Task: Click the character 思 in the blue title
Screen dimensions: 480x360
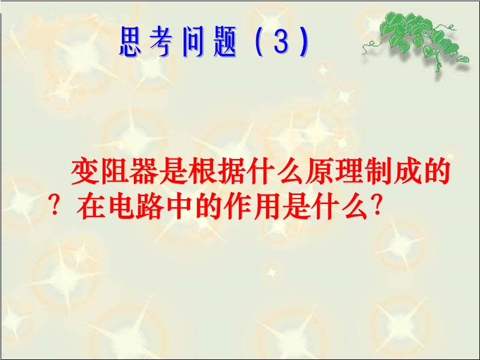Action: pyautogui.click(x=130, y=41)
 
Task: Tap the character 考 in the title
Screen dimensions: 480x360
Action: pyautogui.click(x=161, y=41)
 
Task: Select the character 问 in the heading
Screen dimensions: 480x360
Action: pyautogui.click(x=193, y=41)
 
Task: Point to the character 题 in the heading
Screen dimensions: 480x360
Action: pyautogui.click(x=225, y=41)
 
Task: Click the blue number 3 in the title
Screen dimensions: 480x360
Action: pyautogui.click(x=281, y=41)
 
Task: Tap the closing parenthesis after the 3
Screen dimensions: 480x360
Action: pyautogui.click(x=304, y=41)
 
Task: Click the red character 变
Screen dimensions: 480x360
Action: pyautogui.click(x=85, y=171)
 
